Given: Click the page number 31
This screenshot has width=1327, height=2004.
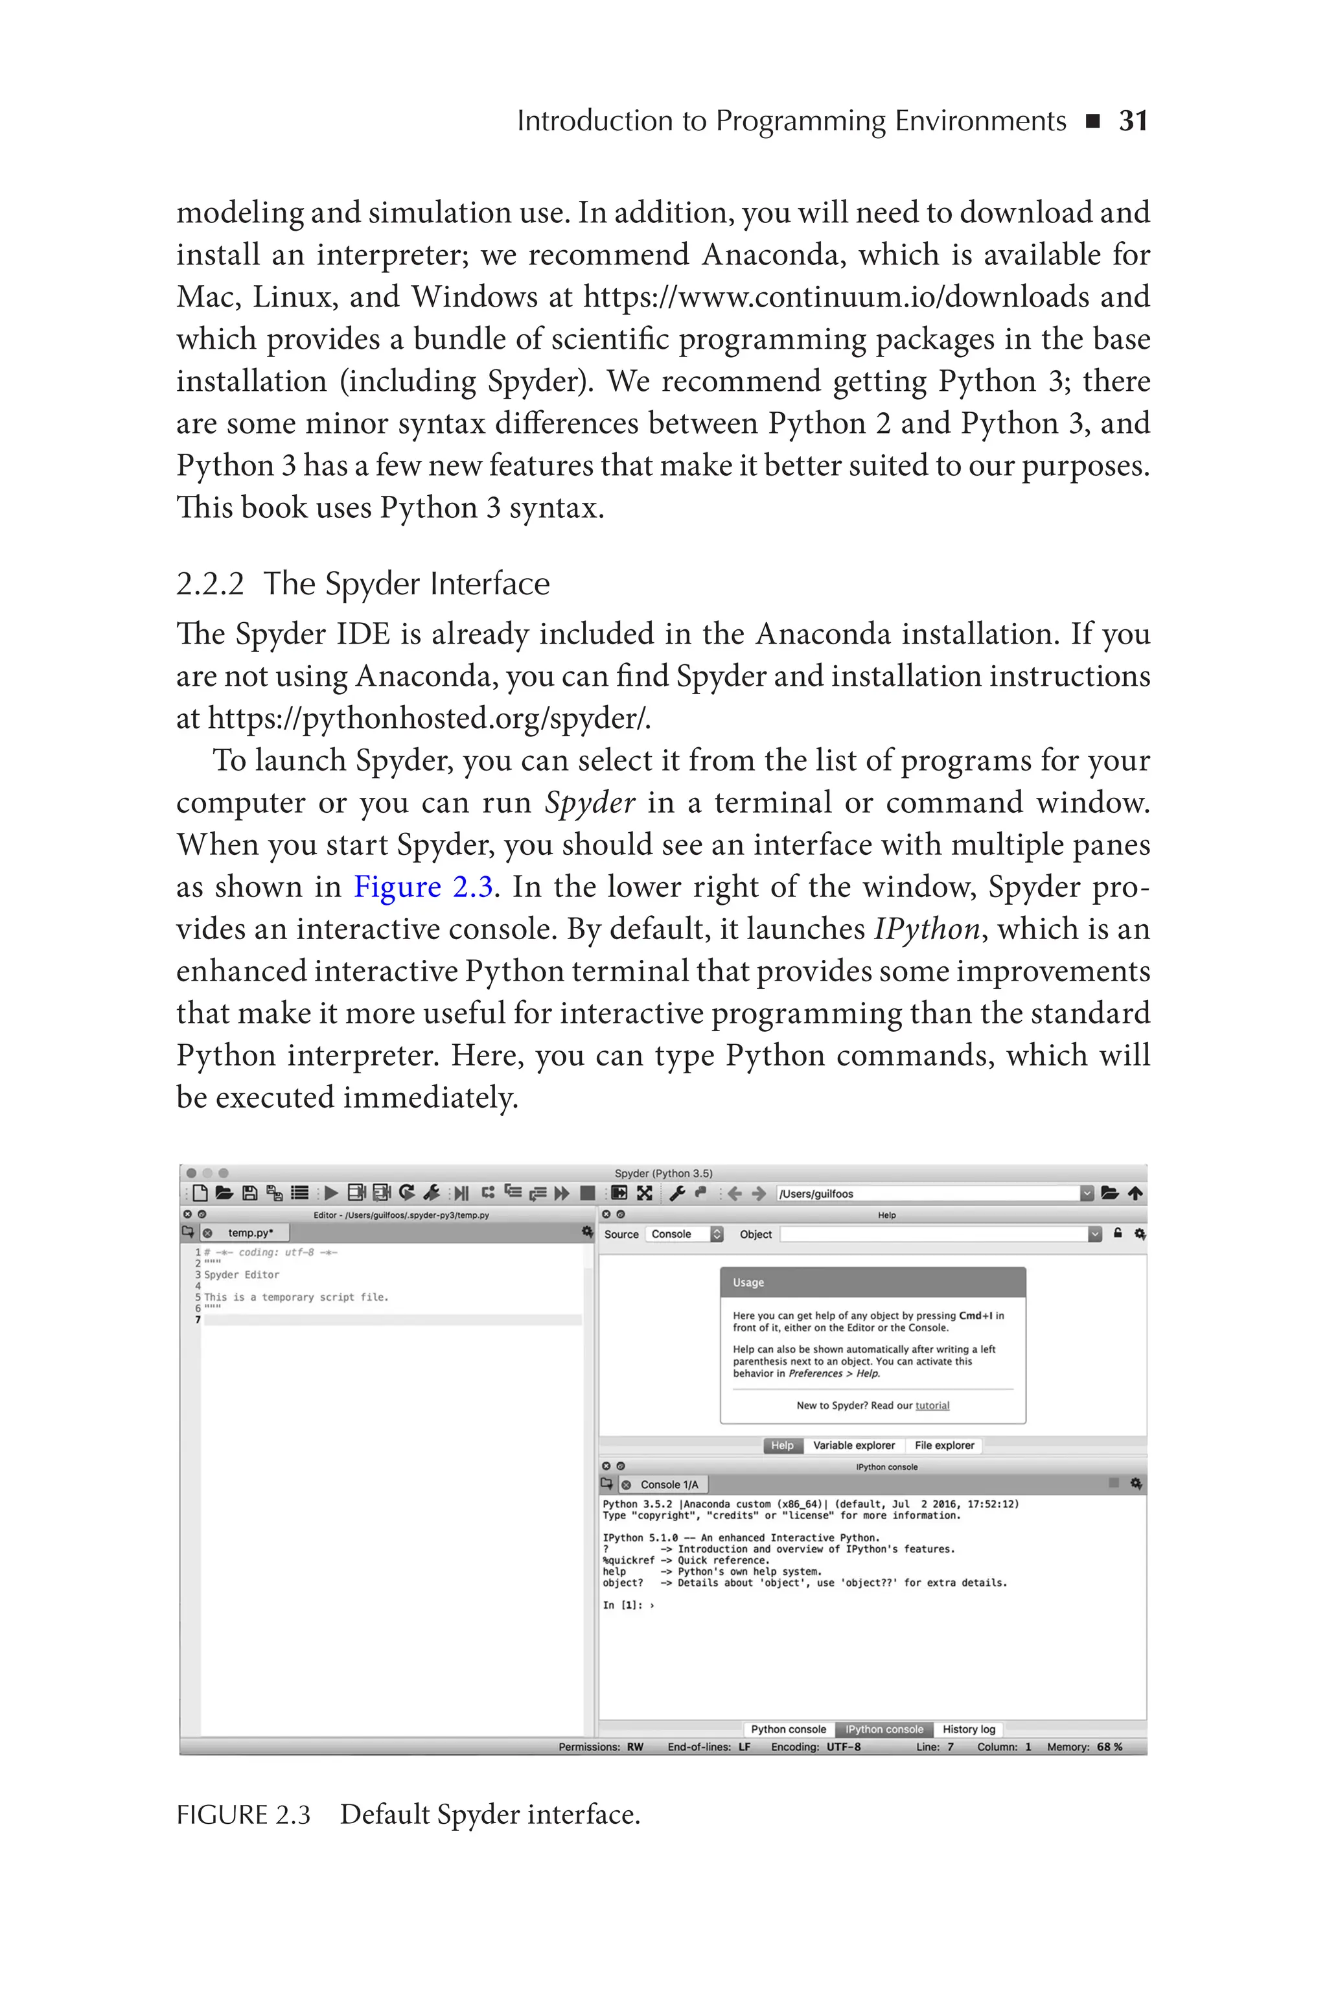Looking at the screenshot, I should [1133, 121].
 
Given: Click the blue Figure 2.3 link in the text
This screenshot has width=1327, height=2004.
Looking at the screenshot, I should [423, 887].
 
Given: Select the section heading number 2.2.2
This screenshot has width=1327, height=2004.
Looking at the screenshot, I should [210, 584].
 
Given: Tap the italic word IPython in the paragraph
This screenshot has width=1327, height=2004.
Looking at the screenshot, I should [927, 929].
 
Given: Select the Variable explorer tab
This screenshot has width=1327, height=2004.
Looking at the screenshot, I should [853, 1445].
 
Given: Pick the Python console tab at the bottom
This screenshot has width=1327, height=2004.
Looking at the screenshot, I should [788, 1729].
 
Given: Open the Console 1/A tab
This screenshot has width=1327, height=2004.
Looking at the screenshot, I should [669, 1484].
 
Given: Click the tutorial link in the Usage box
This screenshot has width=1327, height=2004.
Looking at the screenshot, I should [932, 1406].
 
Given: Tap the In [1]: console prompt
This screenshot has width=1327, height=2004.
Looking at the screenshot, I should [622, 1605].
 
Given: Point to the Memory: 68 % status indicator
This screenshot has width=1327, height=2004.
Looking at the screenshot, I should [1084, 1747].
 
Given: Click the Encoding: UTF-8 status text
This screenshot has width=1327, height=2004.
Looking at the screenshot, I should [815, 1747].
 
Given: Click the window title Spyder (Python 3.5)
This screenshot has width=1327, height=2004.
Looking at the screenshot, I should [663, 1174].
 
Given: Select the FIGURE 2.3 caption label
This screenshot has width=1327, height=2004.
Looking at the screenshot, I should [243, 1815].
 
